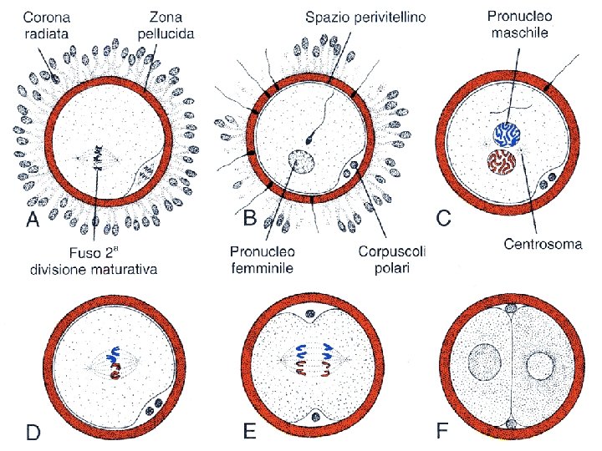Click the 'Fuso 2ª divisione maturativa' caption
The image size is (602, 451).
click(93, 261)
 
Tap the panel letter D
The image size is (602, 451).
click(33, 433)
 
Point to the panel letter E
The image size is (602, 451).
click(248, 433)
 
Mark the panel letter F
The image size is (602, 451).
click(444, 433)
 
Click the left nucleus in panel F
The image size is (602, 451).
click(484, 364)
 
